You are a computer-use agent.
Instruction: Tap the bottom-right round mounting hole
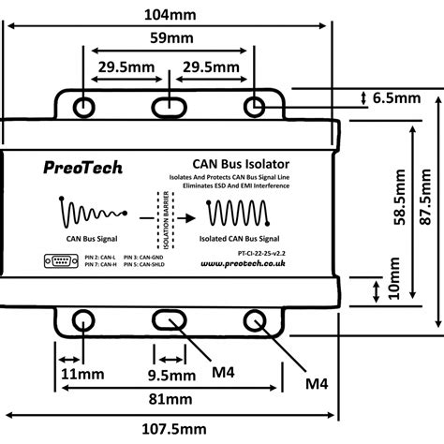point(255,320)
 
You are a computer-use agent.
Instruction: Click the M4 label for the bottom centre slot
point(223,374)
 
